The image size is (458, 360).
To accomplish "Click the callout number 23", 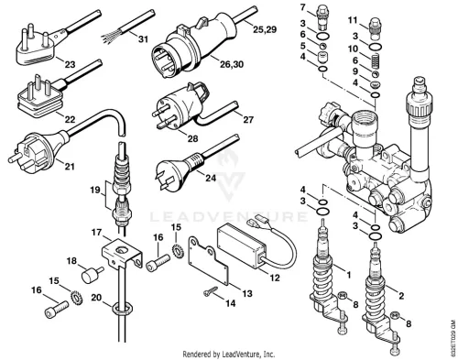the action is [x=70, y=65].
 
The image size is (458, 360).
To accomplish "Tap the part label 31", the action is [x=143, y=39].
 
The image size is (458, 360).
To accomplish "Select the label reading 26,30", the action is [x=232, y=64].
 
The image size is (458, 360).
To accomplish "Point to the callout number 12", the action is [x=275, y=278].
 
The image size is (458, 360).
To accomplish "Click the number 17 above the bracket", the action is [x=97, y=233].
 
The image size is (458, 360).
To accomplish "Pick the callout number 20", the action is [x=96, y=297].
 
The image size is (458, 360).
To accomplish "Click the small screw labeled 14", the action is [x=211, y=291].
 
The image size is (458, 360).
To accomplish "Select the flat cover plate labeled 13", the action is [x=208, y=261].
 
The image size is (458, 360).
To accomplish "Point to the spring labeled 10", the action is [x=376, y=60].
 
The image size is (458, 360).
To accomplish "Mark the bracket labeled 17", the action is [x=122, y=255].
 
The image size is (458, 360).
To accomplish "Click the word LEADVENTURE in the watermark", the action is [x=229, y=216].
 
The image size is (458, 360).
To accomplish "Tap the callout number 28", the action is [x=192, y=138].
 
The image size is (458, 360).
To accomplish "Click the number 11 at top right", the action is [x=353, y=20].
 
